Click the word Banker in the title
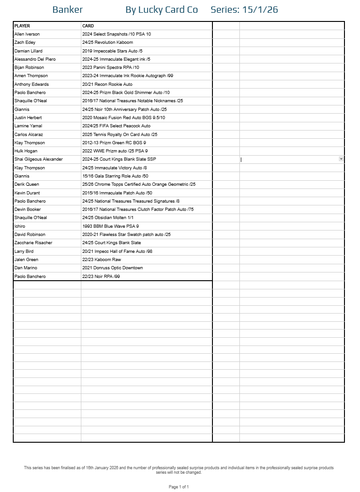[68, 10]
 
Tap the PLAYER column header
[22, 26]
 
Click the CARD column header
[88, 26]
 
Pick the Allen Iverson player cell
[27, 34]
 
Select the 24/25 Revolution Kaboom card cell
[107, 42]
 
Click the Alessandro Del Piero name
[37, 59]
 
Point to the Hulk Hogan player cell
[26, 151]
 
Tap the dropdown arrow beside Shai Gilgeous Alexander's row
[341, 159]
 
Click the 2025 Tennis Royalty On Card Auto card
[120, 135]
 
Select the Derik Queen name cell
[26, 184]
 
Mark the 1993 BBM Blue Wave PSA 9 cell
[111, 226]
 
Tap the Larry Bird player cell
[24, 251]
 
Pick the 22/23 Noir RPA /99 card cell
[101, 277]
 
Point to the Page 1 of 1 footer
[179, 487]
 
